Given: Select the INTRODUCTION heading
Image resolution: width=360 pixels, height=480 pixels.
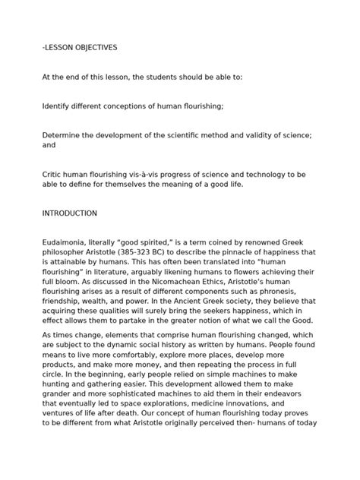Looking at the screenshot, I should [x=70, y=213].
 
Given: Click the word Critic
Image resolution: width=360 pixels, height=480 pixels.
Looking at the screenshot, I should [x=53, y=174].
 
